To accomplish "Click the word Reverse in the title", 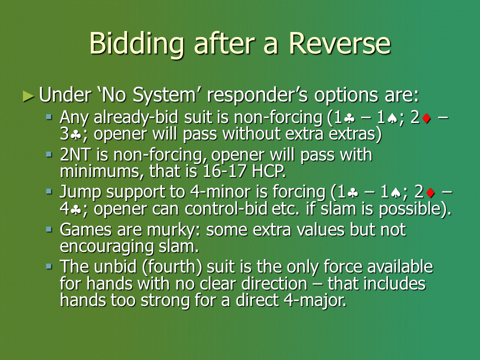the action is [x=340, y=43].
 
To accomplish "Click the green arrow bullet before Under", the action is [x=28, y=96].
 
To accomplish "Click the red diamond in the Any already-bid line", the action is [x=426, y=118].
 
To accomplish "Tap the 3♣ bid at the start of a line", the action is [x=70, y=134].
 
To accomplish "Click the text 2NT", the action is [x=75, y=155].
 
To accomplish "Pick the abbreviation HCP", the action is [x=269, y=171].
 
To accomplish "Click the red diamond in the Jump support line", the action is [x=430, y=193].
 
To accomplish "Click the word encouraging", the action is [x=106, y=246].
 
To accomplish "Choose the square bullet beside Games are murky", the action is [x=49, y=229].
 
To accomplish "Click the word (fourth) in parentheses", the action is [x=172, y=267].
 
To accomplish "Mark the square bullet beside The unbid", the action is [x=49, y=266].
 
